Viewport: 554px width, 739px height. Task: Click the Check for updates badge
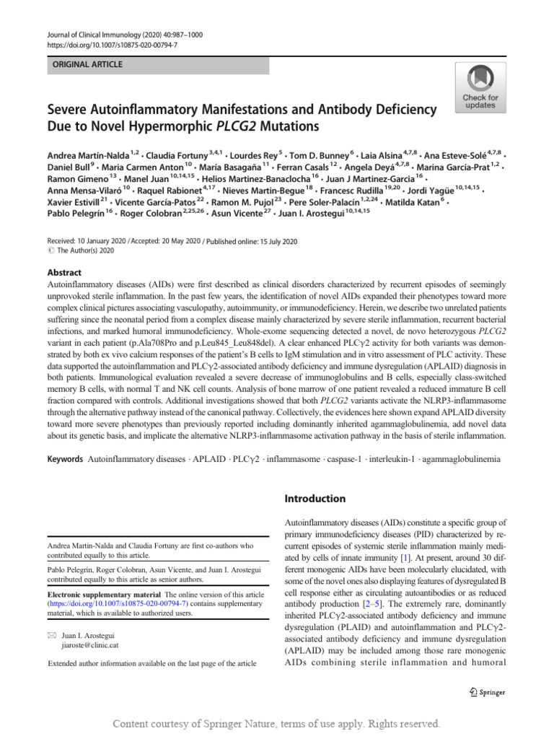[480, 86]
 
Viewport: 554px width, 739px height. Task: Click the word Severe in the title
[71, 110]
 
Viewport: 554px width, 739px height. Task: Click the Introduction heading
[316, 499]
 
